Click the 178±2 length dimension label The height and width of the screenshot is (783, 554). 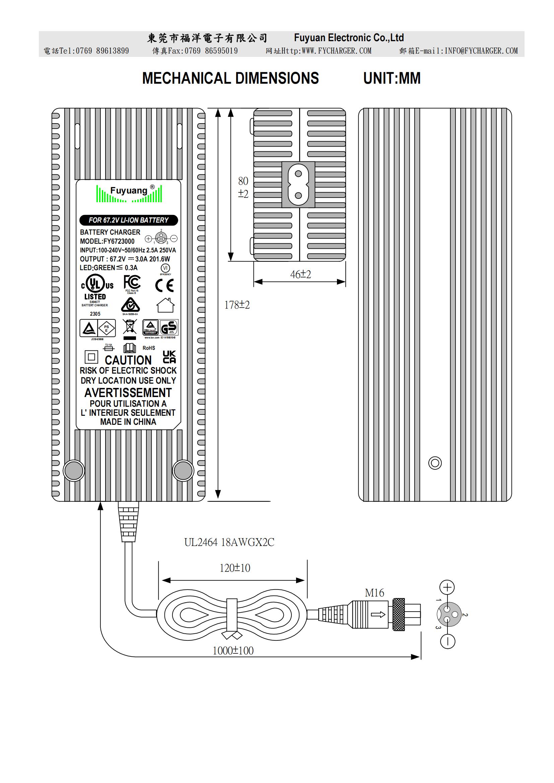(x=237, y=305)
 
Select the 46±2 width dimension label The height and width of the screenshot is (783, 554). (x=300, y=274)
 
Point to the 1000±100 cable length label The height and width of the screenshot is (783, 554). (x=233, y=650)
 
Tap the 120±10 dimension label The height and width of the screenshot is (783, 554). (x=235, y=568)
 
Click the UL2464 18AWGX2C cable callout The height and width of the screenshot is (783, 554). (x=229, y=542)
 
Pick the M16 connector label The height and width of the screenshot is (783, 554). (x=374, y=593)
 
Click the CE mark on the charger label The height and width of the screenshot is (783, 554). (x=164, y=286)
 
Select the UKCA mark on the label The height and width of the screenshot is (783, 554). (x=169, y=357)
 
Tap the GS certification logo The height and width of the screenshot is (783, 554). (x=169, y=328)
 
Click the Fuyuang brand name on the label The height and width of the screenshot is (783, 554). (x=129, y=190)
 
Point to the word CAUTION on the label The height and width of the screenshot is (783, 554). (x=128, y=360)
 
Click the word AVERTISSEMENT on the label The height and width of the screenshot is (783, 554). (x=128, y=393)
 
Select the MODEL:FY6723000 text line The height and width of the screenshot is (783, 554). (x=107, y=241)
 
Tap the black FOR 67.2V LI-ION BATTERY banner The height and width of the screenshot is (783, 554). (x=129, y=220)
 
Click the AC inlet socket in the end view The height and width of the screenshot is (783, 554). (x=298, y=184)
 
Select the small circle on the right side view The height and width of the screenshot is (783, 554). (x=435, y=463)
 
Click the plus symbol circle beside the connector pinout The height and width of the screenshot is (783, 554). (x=447, y=587)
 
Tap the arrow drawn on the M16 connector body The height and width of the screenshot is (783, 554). (x=377, y=615)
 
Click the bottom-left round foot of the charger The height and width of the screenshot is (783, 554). (x=74, y=471)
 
